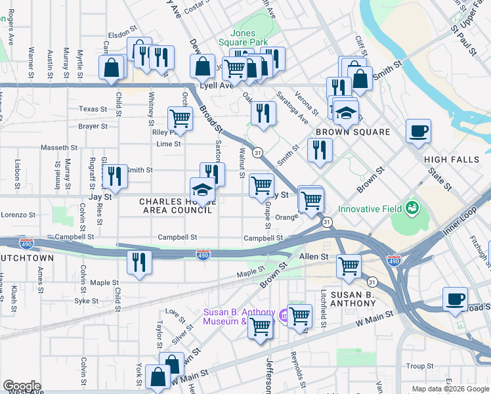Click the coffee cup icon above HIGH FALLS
[x=417, y=131]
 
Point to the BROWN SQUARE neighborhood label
[x=352, y=132]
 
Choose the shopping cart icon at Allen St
[x=348, y=266]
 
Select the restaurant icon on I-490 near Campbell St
[x=139, y=263]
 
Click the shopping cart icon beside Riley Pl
[x=180, y=119]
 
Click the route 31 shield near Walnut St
[x=258, y=152]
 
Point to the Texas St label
[x=93, y=109]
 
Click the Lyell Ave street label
[x=217, y=86]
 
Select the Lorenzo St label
[x=17, y=215]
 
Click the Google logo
[x=22, y=385]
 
